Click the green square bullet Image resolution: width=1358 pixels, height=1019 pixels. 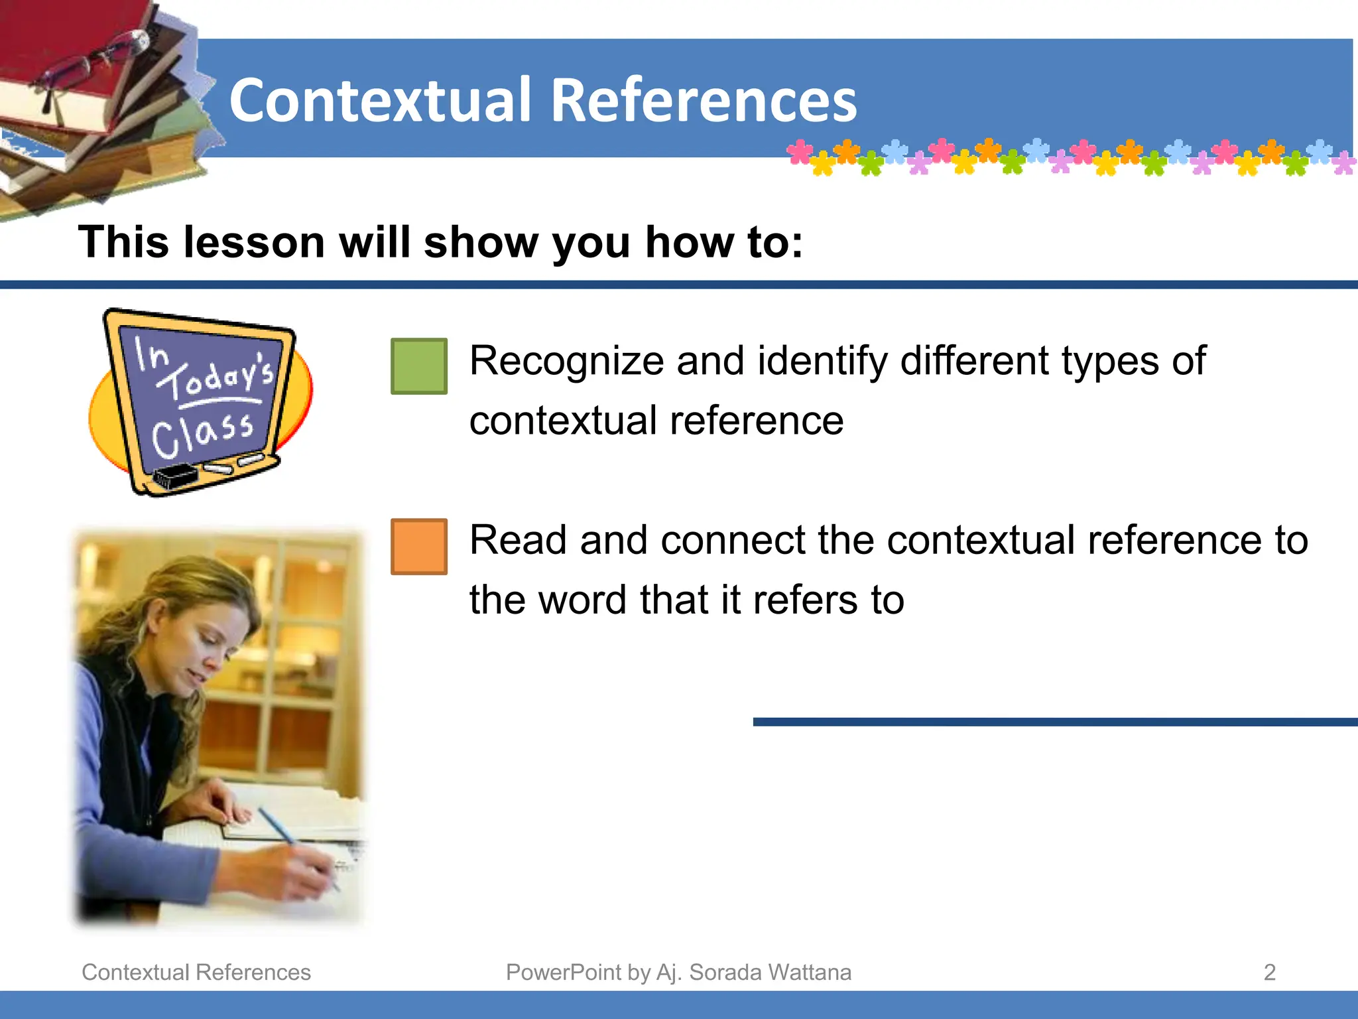tap(418, 366)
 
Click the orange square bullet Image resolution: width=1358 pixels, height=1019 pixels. tap(418, 546)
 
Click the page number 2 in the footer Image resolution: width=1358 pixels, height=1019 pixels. tap(1269, 972)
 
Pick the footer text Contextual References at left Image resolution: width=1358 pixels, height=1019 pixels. tap(196, 972)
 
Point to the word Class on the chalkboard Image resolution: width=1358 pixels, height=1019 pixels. tap(202, 435)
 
